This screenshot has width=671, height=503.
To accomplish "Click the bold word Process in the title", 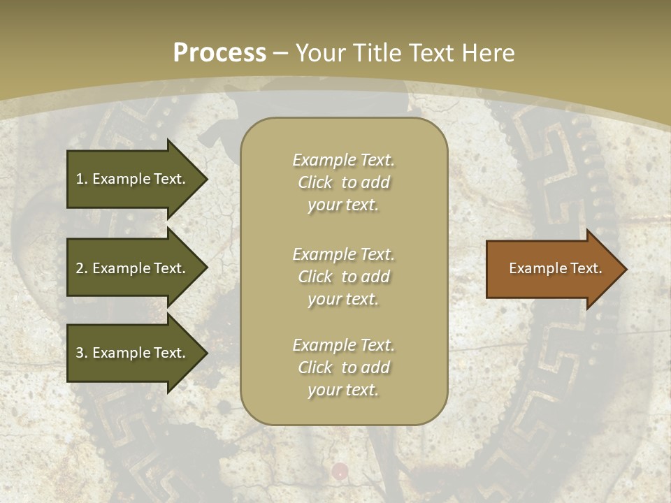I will coord(219,53).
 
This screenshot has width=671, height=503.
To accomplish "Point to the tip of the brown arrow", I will coord(625,269).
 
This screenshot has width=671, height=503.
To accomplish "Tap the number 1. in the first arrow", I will coord(82,179).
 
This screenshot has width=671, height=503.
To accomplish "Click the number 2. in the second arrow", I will coord(82,268).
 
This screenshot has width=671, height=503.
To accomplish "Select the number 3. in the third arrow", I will coord(82,353).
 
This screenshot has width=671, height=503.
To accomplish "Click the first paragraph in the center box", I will coord(343,182).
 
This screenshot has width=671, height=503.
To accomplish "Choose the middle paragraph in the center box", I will coord(343,276).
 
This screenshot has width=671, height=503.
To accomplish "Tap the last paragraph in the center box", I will coord(343,367).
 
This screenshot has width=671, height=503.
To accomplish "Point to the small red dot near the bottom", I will coord(340,470).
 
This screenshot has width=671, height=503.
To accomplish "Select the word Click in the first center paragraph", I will coord(315,182).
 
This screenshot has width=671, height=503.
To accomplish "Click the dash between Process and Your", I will coord(280,53).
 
